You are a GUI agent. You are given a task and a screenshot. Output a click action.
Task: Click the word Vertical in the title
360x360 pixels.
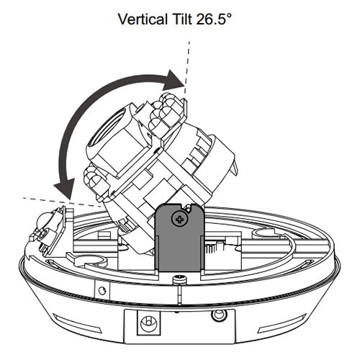point(143,19)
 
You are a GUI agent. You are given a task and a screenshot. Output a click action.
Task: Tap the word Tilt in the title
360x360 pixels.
point(181,19)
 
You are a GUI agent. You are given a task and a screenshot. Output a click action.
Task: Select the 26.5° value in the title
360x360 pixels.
point(214,19)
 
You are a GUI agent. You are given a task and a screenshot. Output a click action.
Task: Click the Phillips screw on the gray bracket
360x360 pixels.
point(179,220)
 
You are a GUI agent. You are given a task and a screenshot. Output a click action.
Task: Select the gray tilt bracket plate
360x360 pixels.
point(179,238)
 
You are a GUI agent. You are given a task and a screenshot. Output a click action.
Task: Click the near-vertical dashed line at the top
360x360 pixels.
point(187,71)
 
